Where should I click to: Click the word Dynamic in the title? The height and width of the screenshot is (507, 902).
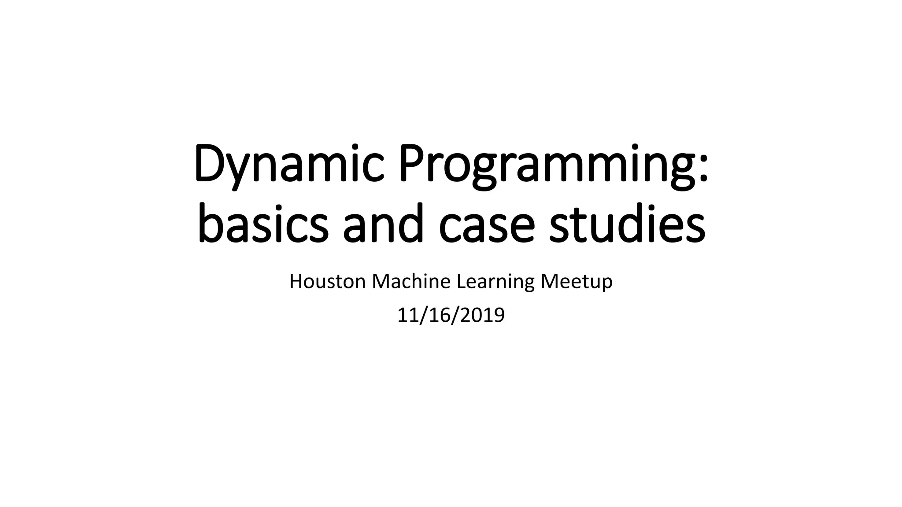[289, 164]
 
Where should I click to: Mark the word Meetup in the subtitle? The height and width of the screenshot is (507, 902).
[576, 282]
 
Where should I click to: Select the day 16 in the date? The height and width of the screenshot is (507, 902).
[442, 315]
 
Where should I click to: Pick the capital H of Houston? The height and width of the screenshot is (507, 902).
[295, 282]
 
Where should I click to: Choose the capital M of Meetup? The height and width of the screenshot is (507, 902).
[548, 282]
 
